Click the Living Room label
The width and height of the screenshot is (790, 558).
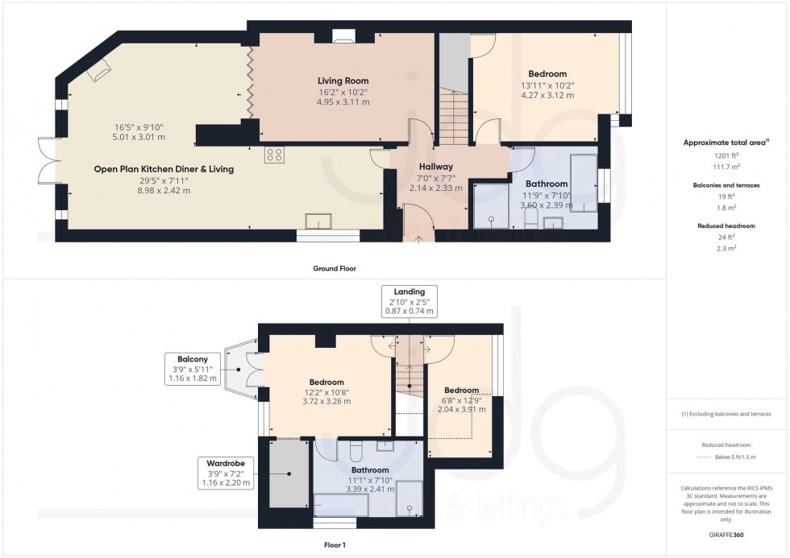(x=343, y=81)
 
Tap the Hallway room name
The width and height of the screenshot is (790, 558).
(x=435, y=166)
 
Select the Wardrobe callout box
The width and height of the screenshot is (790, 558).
(x=227, y=473)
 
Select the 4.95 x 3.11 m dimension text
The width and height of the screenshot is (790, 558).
(x=343, y=102)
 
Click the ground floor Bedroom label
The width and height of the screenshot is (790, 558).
(x=547, y=74)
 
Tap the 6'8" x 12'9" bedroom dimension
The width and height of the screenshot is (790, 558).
(x=461, y=399)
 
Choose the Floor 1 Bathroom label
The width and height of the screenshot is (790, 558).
(x=370, y=469)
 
